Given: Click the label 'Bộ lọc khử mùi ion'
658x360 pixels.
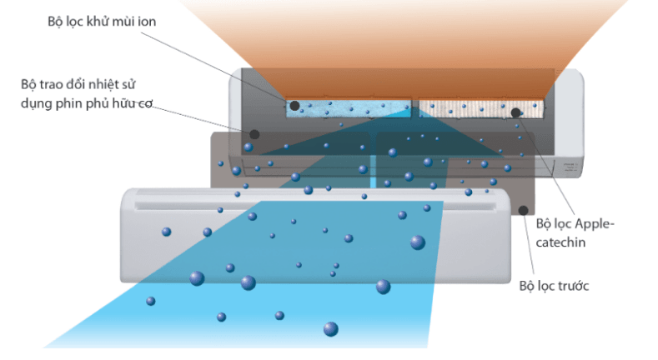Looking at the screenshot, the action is (x=102, y=22).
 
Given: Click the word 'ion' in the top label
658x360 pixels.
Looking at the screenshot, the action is (x=147, y=21).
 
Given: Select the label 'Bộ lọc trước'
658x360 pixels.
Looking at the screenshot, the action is (x=554, y=286).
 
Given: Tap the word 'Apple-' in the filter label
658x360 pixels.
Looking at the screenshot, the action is (x=595, y=224).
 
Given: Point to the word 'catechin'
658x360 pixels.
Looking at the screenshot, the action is (x=560, y=242).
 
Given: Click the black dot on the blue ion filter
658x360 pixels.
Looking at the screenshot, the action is (x=294, y=106).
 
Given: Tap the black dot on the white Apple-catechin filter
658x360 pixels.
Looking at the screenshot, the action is (x=515, y=112).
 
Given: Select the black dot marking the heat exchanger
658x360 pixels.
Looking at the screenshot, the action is (x=254, y=134).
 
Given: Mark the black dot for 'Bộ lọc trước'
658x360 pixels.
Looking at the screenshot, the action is (x=523, y=210).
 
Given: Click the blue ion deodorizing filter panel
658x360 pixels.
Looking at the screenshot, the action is (x=349, y=108).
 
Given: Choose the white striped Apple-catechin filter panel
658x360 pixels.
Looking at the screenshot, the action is (x=481, y=109).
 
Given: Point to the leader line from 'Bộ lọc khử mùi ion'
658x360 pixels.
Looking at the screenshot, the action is (x=218, y=68).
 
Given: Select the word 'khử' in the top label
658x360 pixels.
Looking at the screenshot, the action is (x=97, y=22).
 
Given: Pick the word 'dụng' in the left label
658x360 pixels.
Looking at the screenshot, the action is (x=37, y=103).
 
